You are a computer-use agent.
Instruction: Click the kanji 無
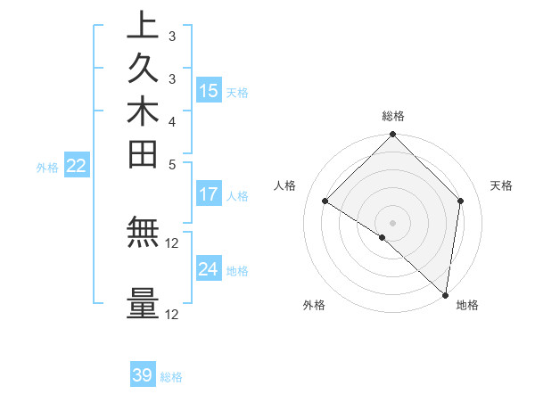(143, 232)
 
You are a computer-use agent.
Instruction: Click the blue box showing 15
(209, 90)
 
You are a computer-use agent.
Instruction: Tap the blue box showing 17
(209, 193)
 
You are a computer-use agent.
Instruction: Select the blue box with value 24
(209, 268)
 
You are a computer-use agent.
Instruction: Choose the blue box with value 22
(77, 165)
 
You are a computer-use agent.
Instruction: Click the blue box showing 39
(143, 375)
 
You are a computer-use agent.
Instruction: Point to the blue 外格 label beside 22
(47, 166)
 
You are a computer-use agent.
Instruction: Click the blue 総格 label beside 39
(171, 377)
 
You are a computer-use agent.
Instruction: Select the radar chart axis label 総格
(393, 116)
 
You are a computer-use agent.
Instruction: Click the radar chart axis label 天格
(502, 185)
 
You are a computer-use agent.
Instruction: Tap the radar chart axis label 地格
(467, 305)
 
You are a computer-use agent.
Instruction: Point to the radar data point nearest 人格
(325, 201)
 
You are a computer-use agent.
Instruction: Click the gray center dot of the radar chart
(392, 222)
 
